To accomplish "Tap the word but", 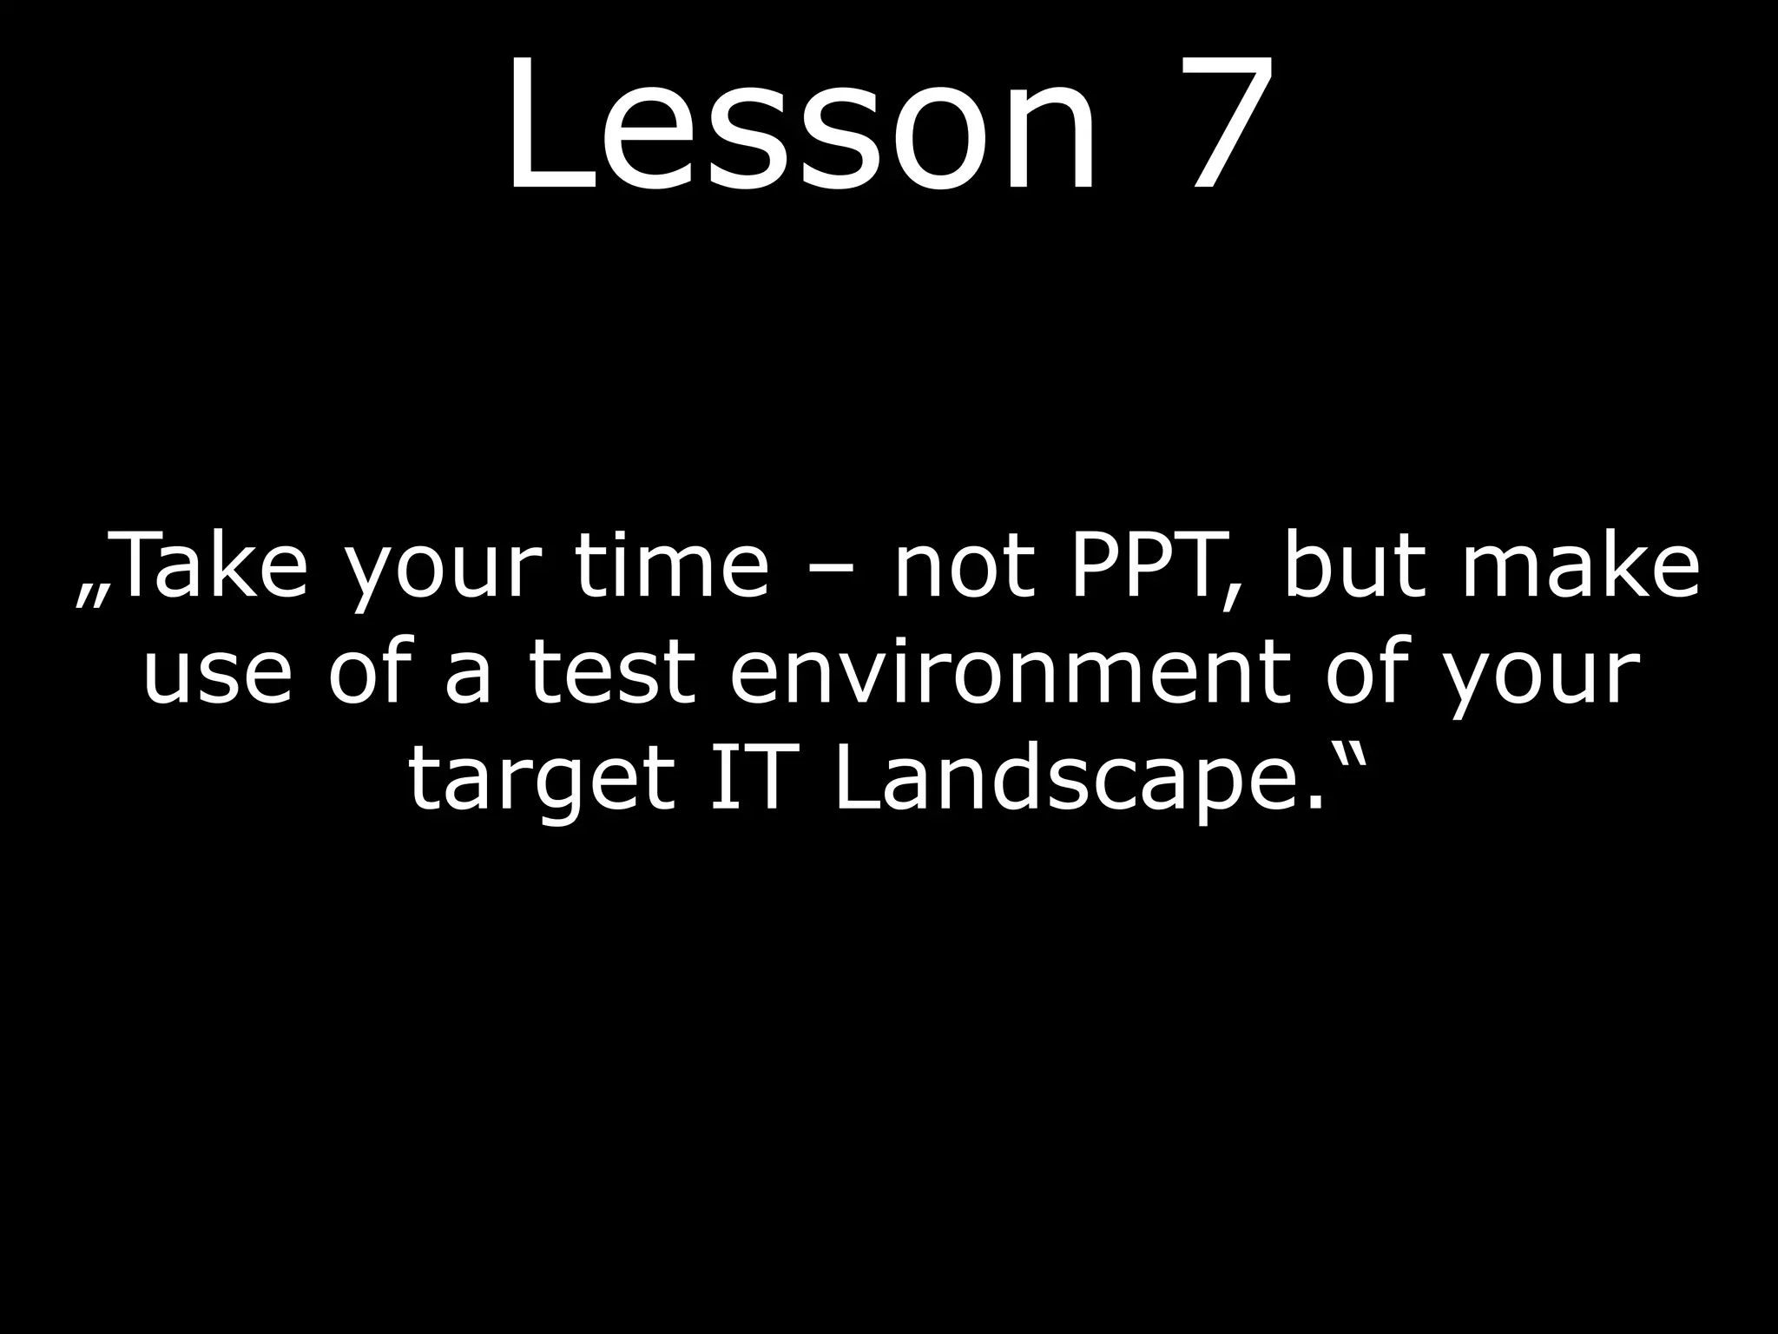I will (x=1355, y=569).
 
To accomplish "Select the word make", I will (x=1580, y=569).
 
